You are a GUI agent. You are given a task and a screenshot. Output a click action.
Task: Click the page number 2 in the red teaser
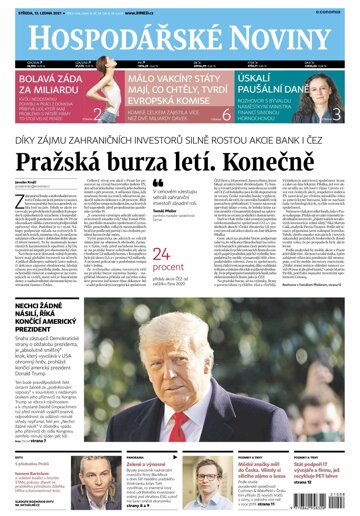(x=97, y=115)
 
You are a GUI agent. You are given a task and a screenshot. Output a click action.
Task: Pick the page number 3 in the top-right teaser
(x=338, y=115)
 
